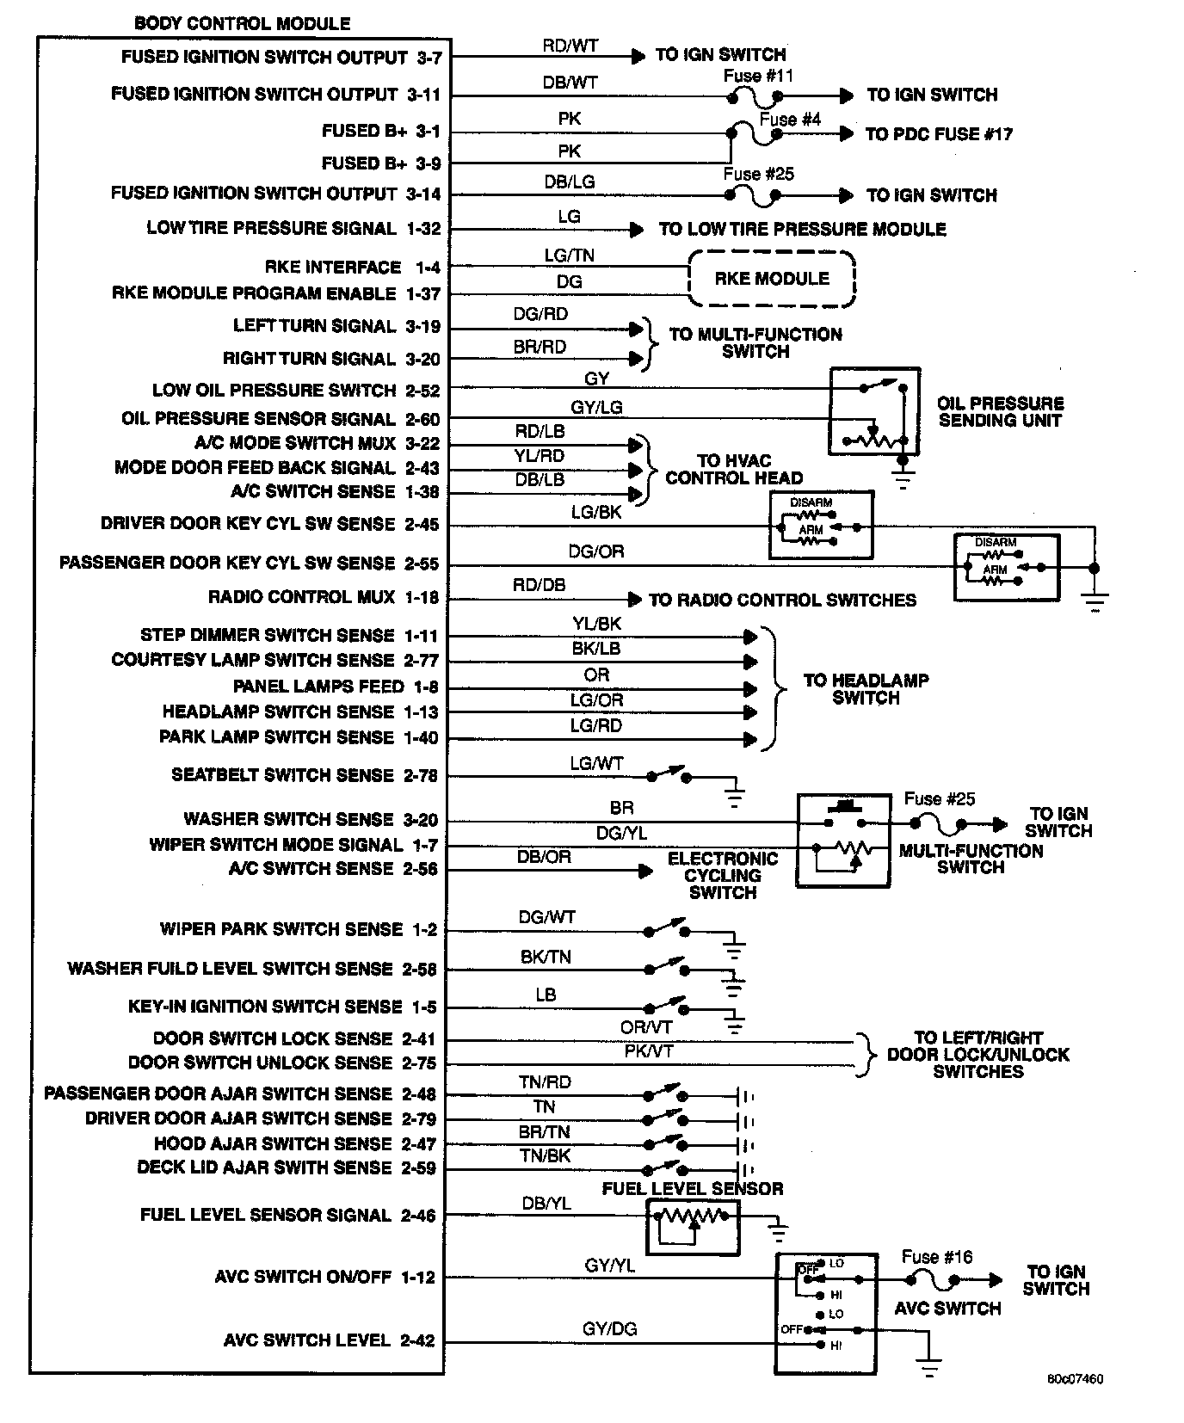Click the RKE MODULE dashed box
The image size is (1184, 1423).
pos(772,279)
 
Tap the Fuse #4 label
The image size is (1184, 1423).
pos(790,120)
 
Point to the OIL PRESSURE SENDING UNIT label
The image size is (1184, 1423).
pos(1000,412)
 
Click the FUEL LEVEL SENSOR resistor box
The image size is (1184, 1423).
pos(693,1227)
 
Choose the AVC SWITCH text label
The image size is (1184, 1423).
pos(947,1309)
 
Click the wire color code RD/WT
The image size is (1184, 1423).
pos(570,46)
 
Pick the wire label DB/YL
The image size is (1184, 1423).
pos(546,1204)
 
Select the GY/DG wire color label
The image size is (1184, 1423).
pos(610,1328)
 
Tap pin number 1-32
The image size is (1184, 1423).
pos(423,229)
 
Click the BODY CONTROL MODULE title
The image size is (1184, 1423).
pos(243,24)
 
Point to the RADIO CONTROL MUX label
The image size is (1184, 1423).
pos(301,597)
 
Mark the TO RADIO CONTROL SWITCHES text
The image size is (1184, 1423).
pos(782,600)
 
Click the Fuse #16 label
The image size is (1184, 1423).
pos(936,1257)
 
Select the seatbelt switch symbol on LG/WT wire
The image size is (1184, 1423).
pos(669,774)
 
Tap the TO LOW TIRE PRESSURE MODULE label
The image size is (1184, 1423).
pos(802,230)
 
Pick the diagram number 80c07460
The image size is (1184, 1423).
pos(1075,1379)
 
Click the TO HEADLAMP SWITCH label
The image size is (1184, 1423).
pos(866,689)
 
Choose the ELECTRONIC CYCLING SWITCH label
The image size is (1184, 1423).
pos(722,876)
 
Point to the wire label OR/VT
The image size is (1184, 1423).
pos(646,1027)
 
